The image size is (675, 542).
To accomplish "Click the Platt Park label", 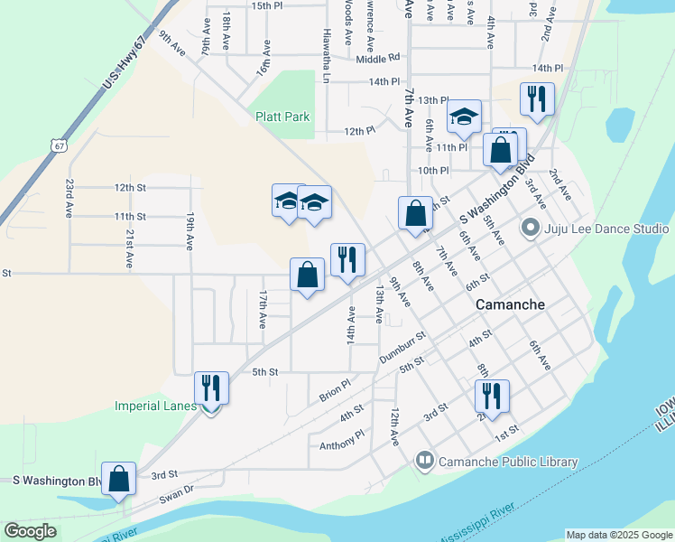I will pos(282,117).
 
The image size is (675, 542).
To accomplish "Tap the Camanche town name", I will pos(510,304).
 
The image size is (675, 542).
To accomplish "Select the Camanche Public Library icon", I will pos(425,462).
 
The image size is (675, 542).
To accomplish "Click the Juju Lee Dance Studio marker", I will pos(531,229).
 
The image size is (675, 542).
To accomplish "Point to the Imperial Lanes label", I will pos(155,406).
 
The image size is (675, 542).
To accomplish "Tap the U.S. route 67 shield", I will pos(59,145).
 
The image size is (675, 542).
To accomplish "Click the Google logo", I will pos(30,531).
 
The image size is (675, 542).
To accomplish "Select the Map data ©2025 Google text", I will pos(618,535).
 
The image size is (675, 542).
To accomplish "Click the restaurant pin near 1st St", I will pos(492,396).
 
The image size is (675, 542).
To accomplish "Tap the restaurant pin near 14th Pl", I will pos(537,99).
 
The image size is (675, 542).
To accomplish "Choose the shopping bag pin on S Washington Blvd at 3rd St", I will pos(118,479).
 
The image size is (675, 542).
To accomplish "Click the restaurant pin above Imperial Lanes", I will pos(211,388).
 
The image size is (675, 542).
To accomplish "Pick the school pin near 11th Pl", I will pos(464,116).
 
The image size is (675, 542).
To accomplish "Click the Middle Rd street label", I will pos(377,59).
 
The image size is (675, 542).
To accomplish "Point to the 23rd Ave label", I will pos(69,197).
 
